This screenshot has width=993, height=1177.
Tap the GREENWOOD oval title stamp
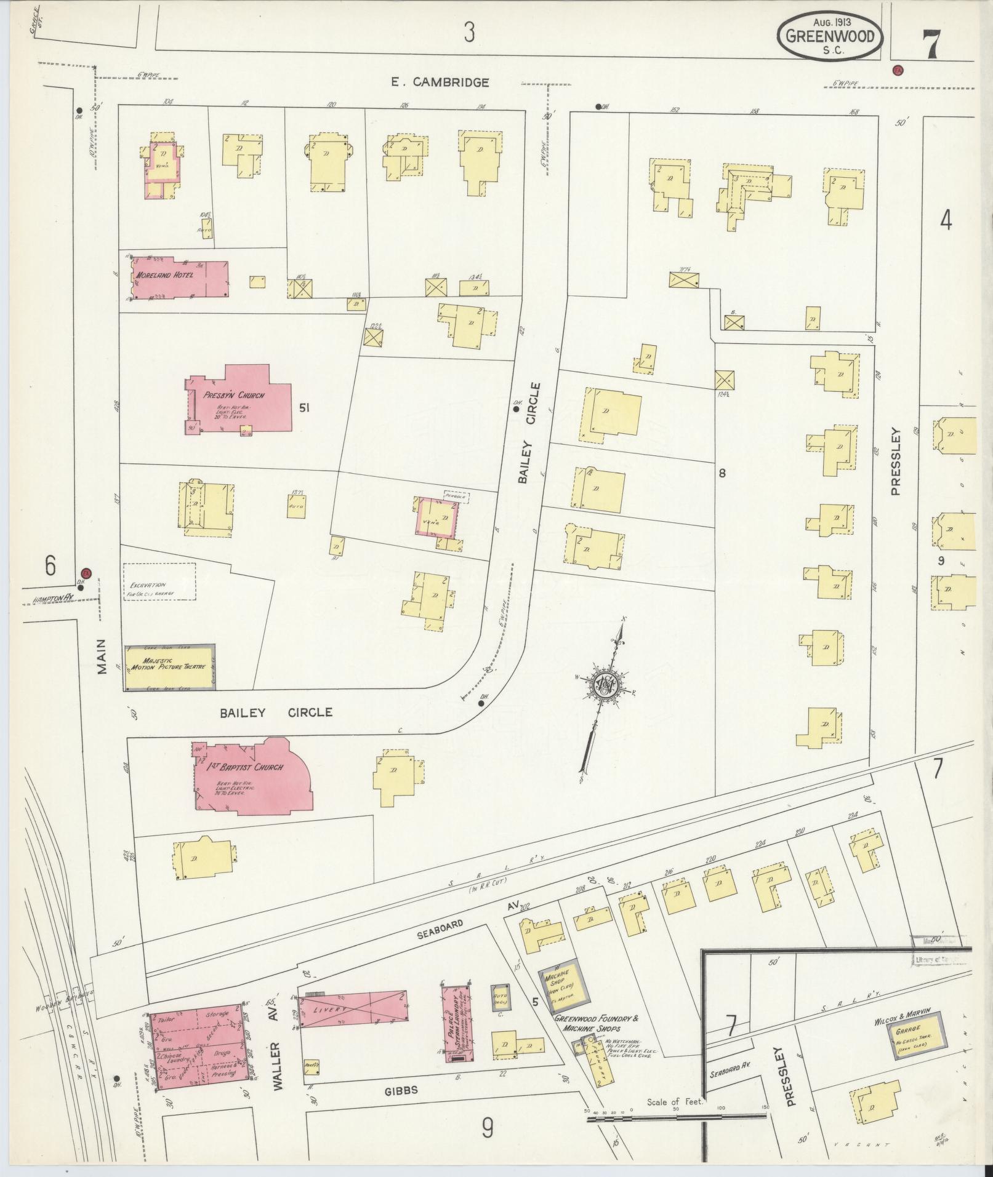tap(830, 36)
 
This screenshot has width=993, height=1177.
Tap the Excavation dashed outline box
tap(159, 582)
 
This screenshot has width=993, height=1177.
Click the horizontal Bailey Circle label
tap(276, 712)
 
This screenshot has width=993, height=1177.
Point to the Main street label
tap(102, 656)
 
